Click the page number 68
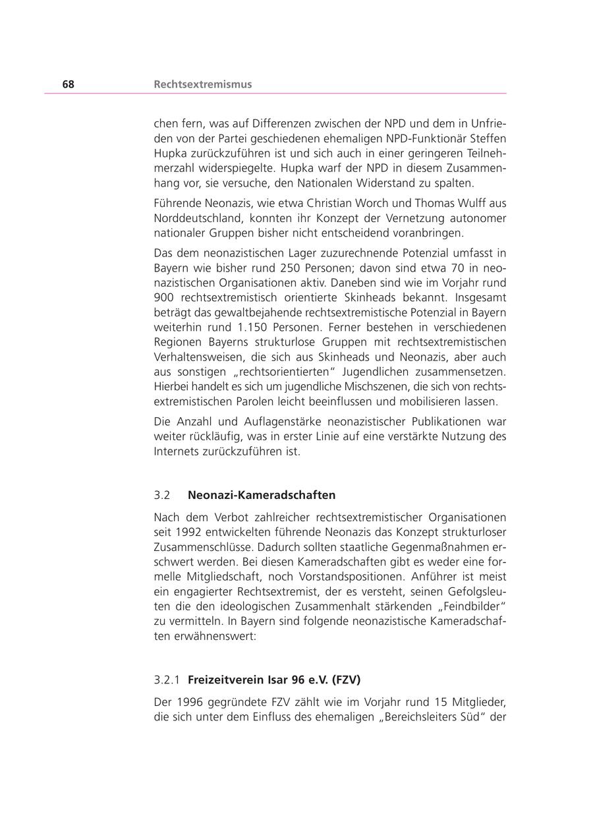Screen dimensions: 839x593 point(69,84)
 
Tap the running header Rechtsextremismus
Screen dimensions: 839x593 point(202,84)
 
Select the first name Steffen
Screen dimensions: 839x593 point(488,138)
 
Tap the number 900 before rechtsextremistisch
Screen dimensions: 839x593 point(163,297)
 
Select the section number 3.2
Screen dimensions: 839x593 point(162,495)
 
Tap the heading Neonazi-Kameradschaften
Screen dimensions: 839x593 point(262,495)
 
